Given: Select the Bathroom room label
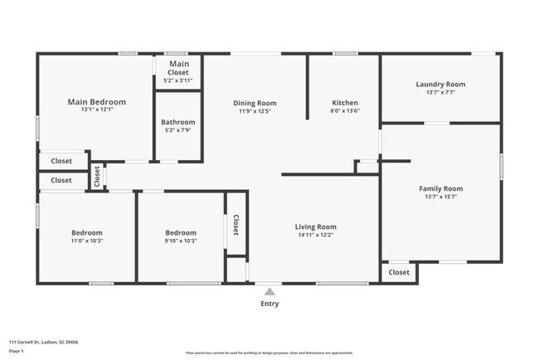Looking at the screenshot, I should pyautogui.click(x=178, y=122).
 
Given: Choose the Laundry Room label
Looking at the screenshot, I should pyautogui.click(x=440, y=84).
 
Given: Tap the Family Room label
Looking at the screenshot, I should pyautogui.click(x=440, y=188).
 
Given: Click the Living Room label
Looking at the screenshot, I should pyautogui.click(x=316, y=226).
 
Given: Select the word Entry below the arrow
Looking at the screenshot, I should pyautogui.click(x=269, y=304).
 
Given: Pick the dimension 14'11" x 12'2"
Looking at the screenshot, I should pyautogui.click(x=316, y=235).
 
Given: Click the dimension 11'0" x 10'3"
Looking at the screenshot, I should pyautogui.click(x=87, y=241).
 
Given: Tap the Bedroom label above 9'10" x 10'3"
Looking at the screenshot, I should pyautogui.click(x=181, y=232).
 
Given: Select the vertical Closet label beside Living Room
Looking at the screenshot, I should pyautogui.click(x=236, y=226).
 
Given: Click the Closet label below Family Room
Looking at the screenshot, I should pyautogui.click(x=399, y=272).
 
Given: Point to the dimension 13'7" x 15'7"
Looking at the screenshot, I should pyautogui.click(x=440, y=197).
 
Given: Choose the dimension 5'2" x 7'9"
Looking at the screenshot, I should pyautogui.click(x=178, y=130).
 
